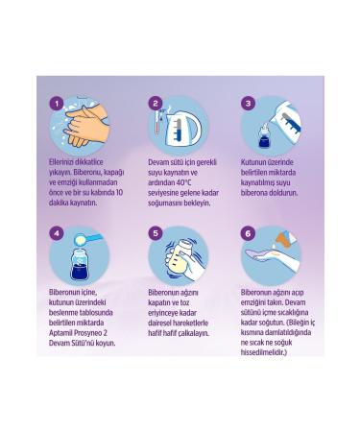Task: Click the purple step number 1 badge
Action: (57, 104)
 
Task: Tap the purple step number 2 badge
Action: (156, 104)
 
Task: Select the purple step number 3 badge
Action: (249, 104)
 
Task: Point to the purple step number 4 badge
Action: (57, 233)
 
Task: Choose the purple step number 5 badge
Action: (156, 233)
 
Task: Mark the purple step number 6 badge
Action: (249, 233)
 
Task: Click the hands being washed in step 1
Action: (86, 125)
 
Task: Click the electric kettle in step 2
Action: (182, 129)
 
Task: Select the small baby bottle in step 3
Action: (265, 136)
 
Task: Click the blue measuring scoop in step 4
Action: (88, 239)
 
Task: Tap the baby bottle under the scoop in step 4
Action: (82, 264)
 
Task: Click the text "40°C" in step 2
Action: (183, 182)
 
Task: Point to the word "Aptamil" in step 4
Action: (60, 333)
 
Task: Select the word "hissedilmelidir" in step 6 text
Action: (262, 352)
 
